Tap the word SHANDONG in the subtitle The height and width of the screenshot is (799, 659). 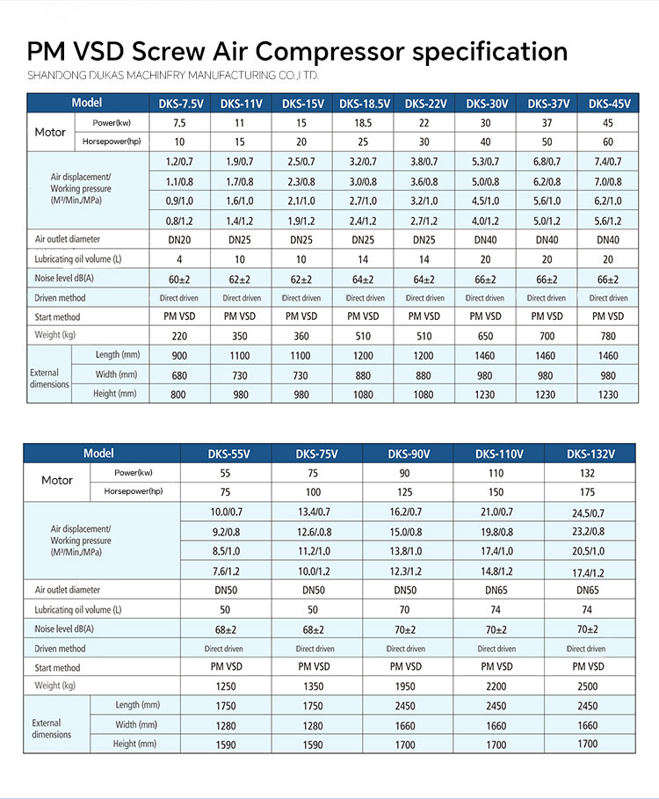click(58, 75)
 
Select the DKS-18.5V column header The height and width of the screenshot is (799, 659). click(364, 104)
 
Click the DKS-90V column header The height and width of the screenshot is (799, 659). click(408, 454)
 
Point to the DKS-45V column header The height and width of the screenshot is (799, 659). click(609, 104)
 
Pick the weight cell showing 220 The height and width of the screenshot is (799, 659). click(179, 335)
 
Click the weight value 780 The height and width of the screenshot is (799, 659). click(608, 335)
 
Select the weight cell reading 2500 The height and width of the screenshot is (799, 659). click(587, 686)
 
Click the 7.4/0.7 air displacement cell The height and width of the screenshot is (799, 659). click(608, 162)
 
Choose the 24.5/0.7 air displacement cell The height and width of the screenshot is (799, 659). click(588, 512)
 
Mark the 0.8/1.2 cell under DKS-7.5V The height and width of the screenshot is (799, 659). click(179, 221)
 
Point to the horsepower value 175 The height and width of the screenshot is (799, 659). click(587, 492)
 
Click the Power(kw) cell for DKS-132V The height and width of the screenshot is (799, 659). click(587, 473)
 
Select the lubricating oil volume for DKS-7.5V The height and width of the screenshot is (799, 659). click(179, 259)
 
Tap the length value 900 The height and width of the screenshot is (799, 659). click(179, 356)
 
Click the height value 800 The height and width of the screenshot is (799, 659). click(179, 395)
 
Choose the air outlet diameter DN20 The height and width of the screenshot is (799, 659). click(179, 240)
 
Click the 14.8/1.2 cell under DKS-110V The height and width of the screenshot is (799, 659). click(496, 571)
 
